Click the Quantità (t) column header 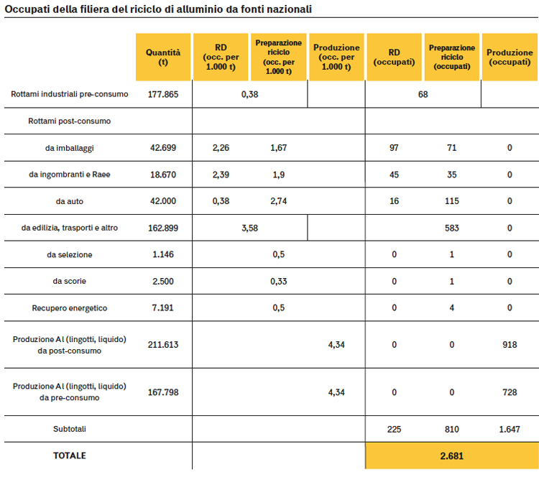click(x=163, y=57)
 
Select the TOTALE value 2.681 click(x=452, y=456)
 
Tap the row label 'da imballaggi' click(x=70, y=148)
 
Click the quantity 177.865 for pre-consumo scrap click(x=163, y=94)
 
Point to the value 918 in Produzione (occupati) click(x=510, y=344)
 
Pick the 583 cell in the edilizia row click(x=452, y=228)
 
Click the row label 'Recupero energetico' click(x=70, y=308)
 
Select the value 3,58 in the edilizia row click(x=249, y=228)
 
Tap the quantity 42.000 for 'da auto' click(x=163, y=201)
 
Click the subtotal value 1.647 click(x=510, y=429)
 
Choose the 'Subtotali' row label click(x=70, y=429)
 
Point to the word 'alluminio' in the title click(x=198, y=9)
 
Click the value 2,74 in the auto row click(x=278, y=201)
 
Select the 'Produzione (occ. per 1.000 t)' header click(x=336, y=57)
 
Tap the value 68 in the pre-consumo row click(x=423, y=94)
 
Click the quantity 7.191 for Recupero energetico click(x=162, y=308)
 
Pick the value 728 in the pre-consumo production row click(x=510, y=392)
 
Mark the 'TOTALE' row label click(x=70, y=456)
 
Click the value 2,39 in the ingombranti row click(x=221, y=175)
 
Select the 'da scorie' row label click(x=70, y=281)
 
